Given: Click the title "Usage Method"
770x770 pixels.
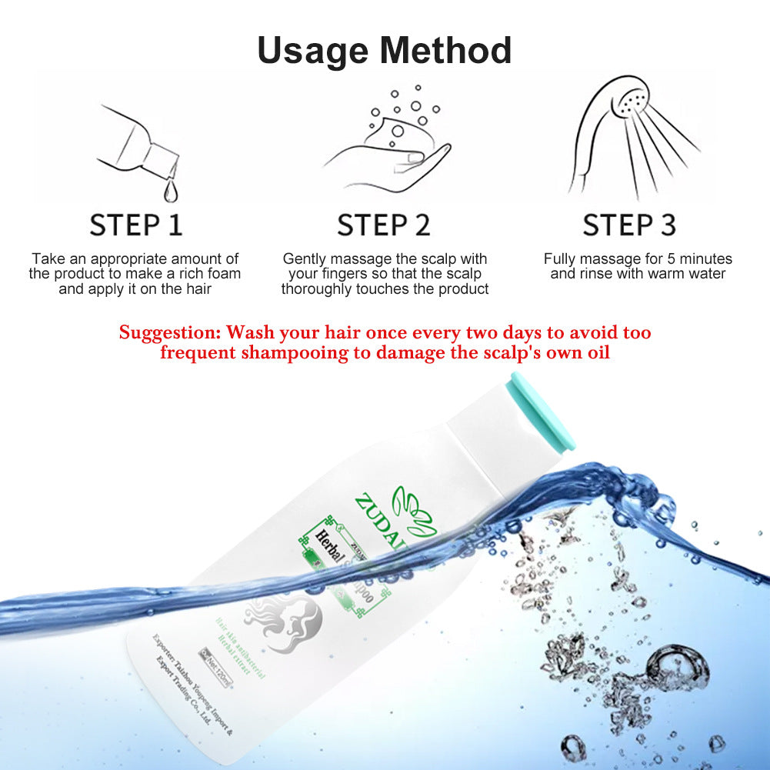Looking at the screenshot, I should tap(385, 51).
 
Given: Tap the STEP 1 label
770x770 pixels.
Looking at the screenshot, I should tap(136, 225).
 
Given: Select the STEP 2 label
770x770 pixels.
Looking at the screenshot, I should tap(384, 225).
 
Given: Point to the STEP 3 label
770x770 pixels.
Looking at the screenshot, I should tap(629, 225).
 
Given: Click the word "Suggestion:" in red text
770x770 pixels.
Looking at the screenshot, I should tap(169, 333).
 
